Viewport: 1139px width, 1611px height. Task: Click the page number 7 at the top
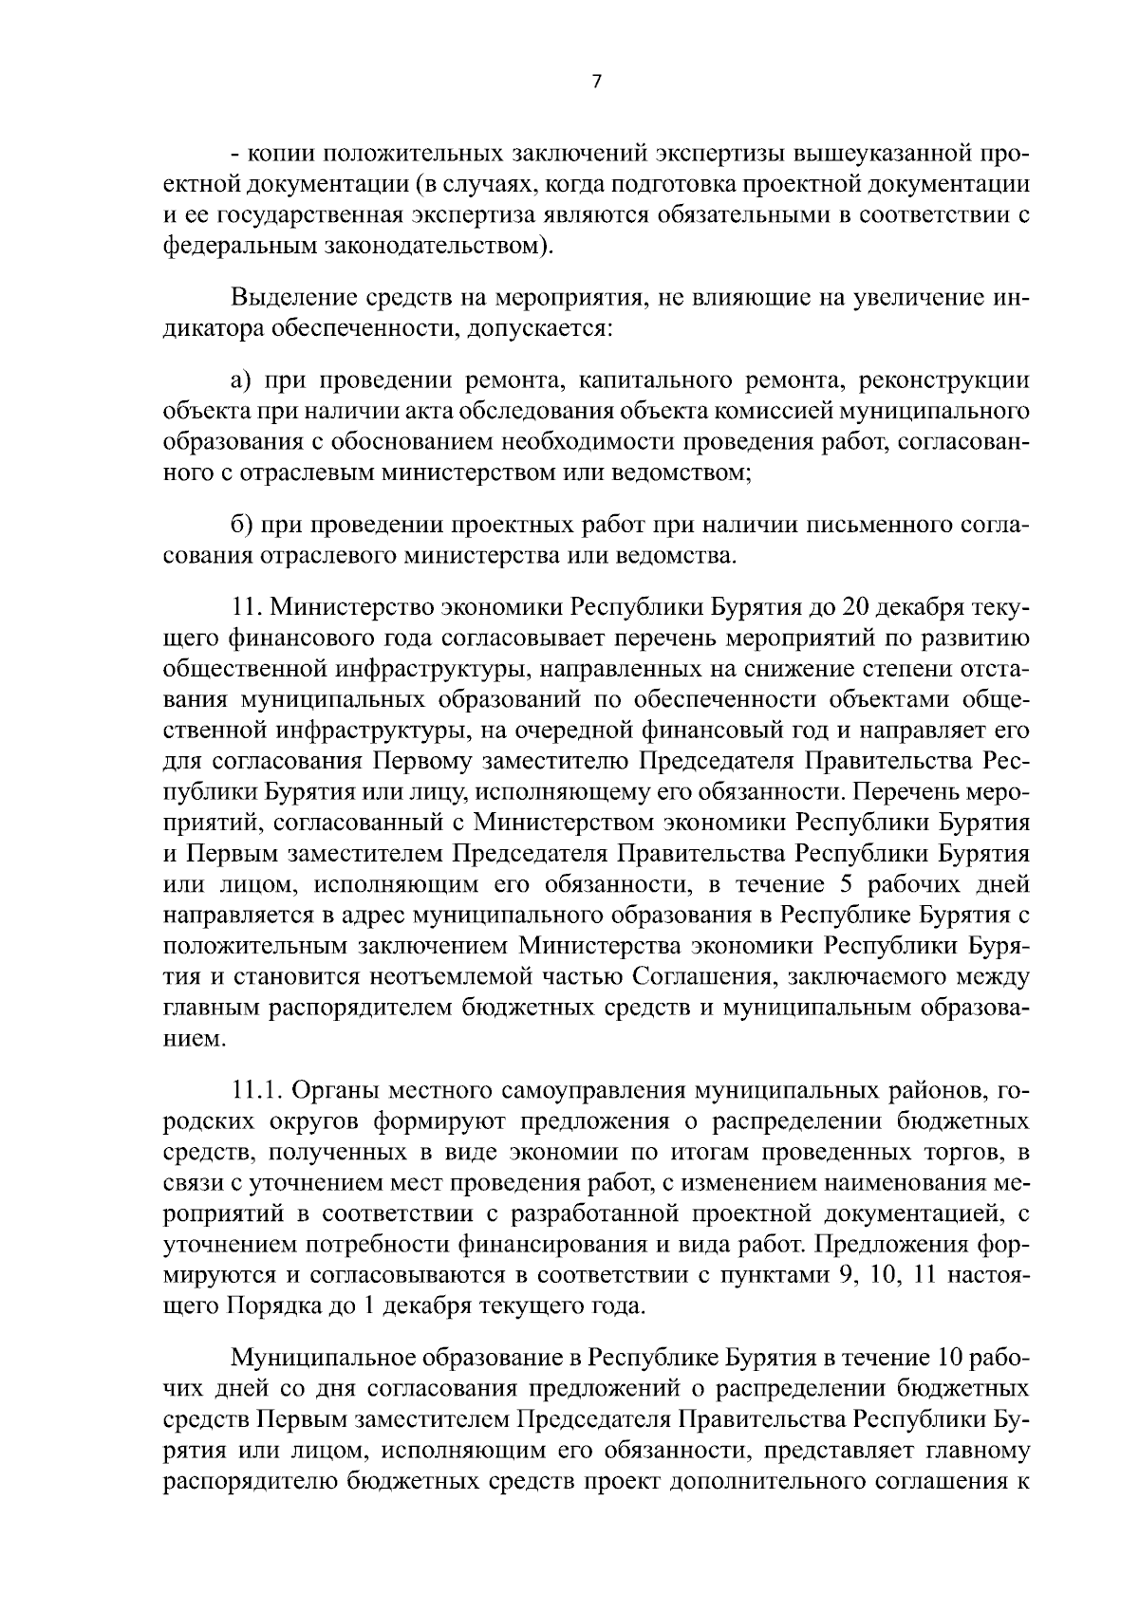[x=596, y=82]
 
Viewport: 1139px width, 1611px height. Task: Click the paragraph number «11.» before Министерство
[x=243, y=606]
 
